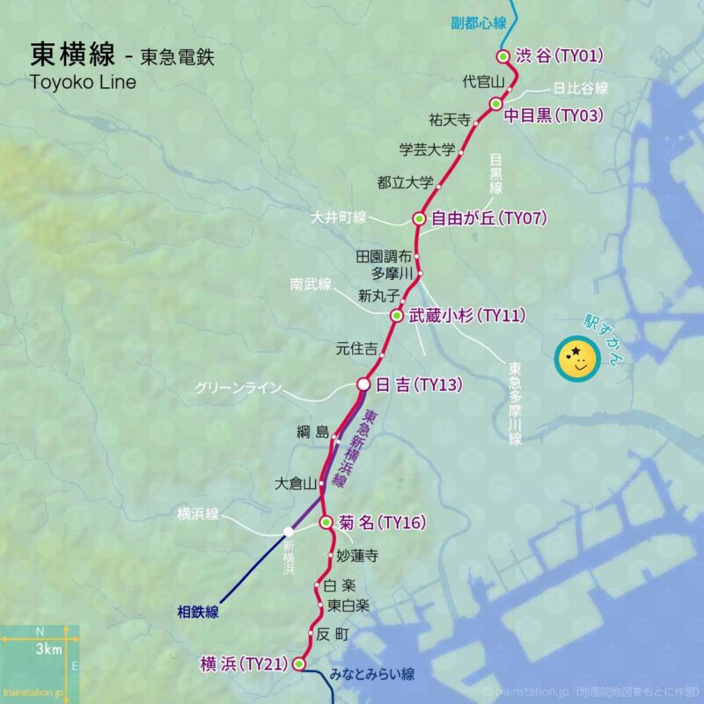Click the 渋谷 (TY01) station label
tap(559, 56)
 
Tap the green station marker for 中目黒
tap(495, 104)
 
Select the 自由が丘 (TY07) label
tap(488, 218)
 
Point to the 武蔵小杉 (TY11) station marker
tap(397, 315)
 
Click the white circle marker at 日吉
tap(363, 385)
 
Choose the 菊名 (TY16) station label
tap(382, 523)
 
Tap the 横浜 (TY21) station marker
tap(298, 664)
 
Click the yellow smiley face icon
tap(576, 358)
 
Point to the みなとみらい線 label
tap(372, 676)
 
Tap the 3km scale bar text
tap(48, 649)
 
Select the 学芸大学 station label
tap(428, 150)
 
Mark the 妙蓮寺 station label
tap(357, 556)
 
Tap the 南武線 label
tap(311, 284)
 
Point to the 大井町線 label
tap(339, 217)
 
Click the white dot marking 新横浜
tap(289, 532)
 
